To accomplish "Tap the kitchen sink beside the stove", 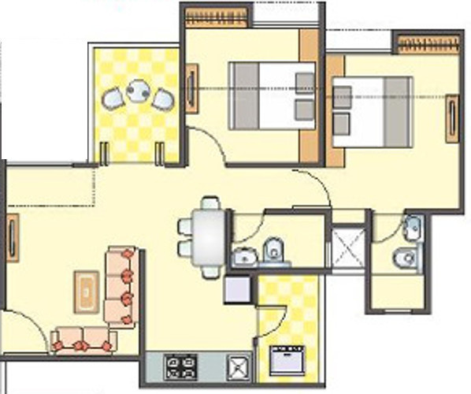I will click(x=236, y=366).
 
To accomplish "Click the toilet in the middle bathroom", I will click(x=273, y=247).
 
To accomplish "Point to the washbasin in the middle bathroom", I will click(x=243, y=255).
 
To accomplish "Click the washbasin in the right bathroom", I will click(x=411, y=228).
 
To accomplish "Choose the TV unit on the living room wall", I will click(x=13, y=238).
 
